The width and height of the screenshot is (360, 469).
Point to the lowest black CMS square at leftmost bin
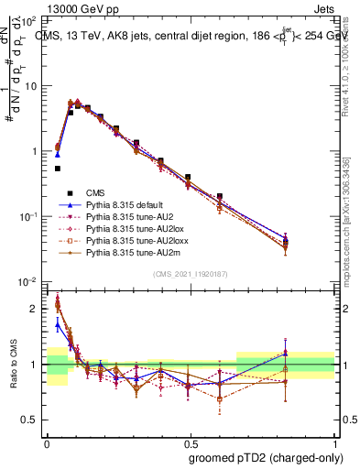click(58, 169)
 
